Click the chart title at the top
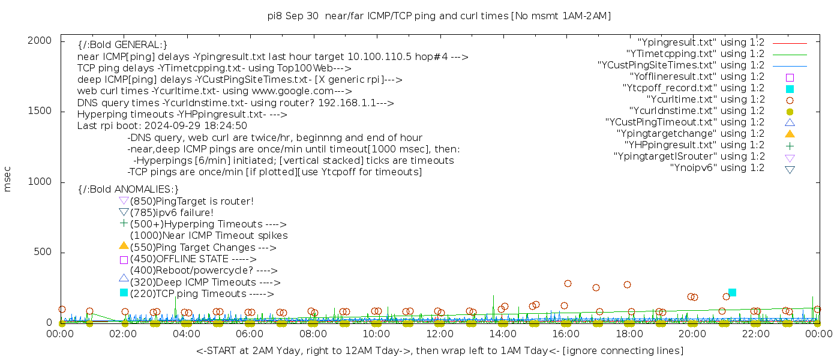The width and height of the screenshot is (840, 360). (439, 16)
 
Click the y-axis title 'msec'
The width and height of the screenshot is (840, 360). (8, 179)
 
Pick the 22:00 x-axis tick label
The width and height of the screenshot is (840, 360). (755, 334)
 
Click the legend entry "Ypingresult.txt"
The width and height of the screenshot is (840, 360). (701, 43)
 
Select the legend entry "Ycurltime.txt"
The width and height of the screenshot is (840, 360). (705, 100)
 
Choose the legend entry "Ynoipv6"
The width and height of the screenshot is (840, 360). (717, 168)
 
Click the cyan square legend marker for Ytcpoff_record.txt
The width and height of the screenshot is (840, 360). (790, 89)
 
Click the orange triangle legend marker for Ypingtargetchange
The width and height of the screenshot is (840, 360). (790, 134)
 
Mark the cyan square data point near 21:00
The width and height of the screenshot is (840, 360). (732, 292)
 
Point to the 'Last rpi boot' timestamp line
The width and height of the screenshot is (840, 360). (162, 126)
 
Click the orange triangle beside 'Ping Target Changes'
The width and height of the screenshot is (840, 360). (124, 245)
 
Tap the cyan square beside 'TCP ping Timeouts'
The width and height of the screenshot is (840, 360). (124, 293)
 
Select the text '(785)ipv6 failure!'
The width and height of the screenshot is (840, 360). (172, 213)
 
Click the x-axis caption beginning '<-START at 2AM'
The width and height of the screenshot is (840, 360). (439, 350)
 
